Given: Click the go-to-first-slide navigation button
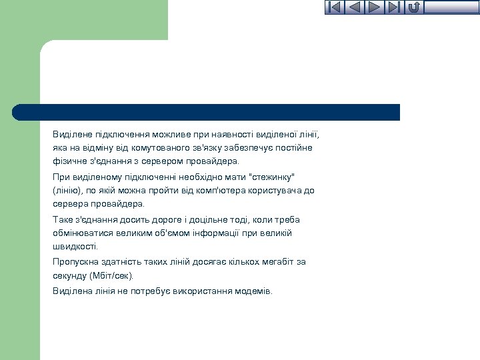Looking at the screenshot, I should tap(335, 7).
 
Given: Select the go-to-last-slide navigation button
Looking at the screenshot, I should tap(394, 7).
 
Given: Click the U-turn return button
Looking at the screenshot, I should tap(413, 7).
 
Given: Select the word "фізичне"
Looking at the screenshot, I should tap(68, 161).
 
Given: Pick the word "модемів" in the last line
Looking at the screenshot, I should tap(253, 291).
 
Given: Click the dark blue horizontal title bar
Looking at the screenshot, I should tap(207, 112).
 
